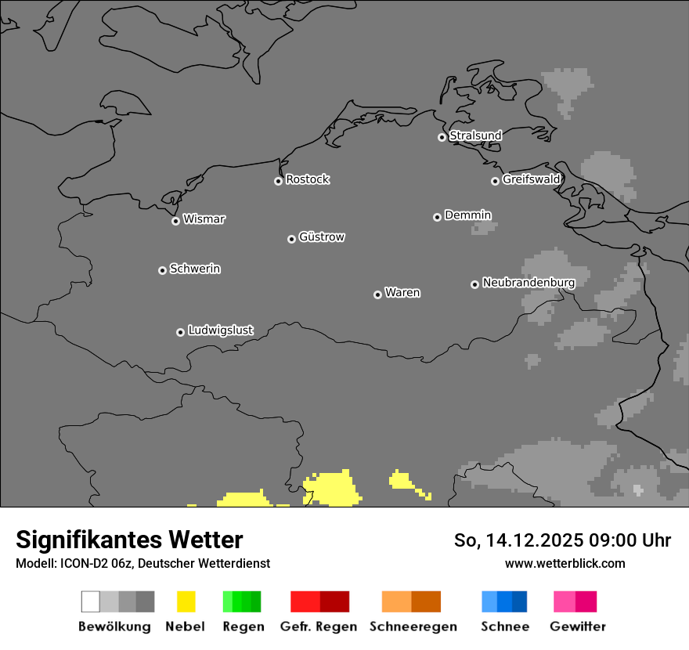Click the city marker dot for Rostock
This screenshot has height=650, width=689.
(278, 181)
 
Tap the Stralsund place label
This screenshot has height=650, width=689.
(475, 135)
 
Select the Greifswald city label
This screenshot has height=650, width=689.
(531, 179)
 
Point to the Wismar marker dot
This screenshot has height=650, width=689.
(175, 221)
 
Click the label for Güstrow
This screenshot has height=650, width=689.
(322, 237)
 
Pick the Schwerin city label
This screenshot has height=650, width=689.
(195, 269)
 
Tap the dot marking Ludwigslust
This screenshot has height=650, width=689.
(180, 332)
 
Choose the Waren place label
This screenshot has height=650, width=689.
(402, 293)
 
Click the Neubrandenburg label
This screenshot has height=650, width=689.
(528, 283)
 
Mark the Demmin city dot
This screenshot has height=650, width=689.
(437, 217)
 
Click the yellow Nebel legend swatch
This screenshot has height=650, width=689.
(186, 601)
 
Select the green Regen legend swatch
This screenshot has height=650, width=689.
(242, 601)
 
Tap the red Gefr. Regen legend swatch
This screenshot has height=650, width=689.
(319, 601)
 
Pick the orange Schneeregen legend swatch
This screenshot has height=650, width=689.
(411, 601)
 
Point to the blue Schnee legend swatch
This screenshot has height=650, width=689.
(504, 601)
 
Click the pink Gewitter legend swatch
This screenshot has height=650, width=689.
(575, 601)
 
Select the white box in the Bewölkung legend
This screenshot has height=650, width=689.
(91, 601)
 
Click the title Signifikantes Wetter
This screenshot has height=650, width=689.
(129, 540)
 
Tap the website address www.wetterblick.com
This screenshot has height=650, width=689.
(565, 563)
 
